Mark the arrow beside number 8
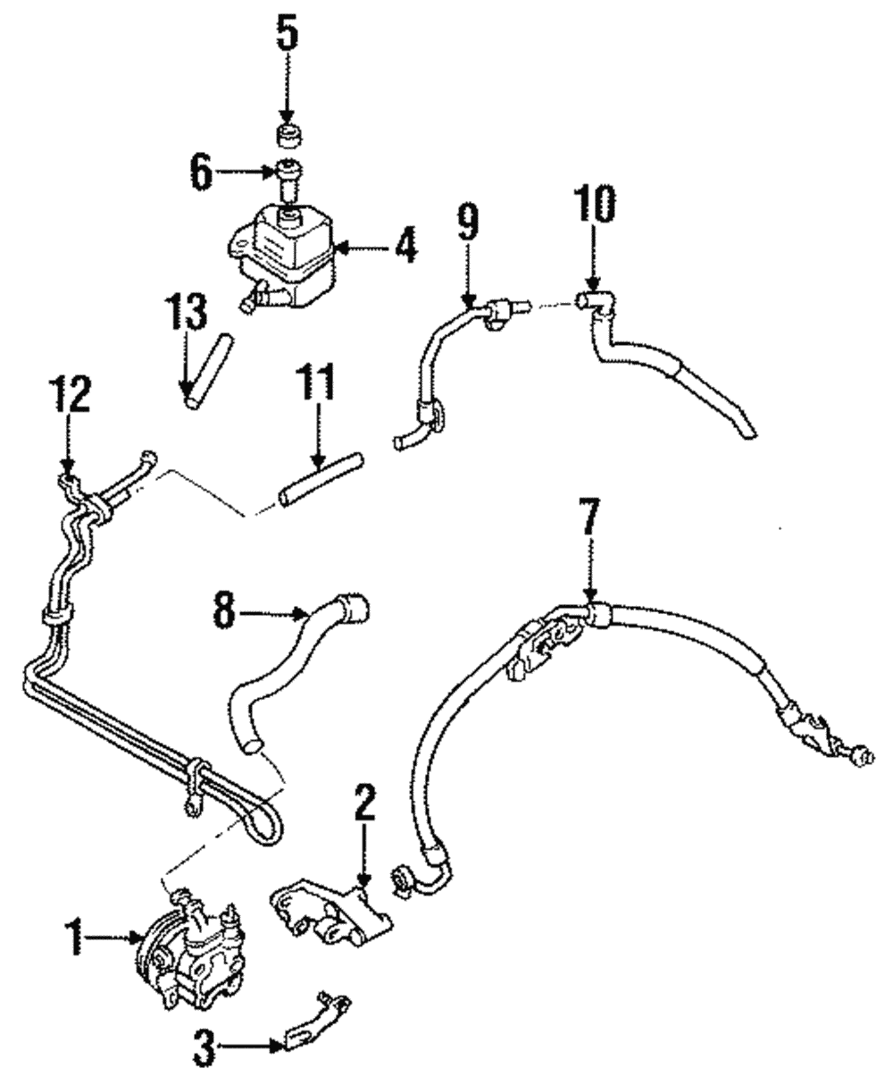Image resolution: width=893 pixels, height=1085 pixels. click(x=277, y=613)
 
